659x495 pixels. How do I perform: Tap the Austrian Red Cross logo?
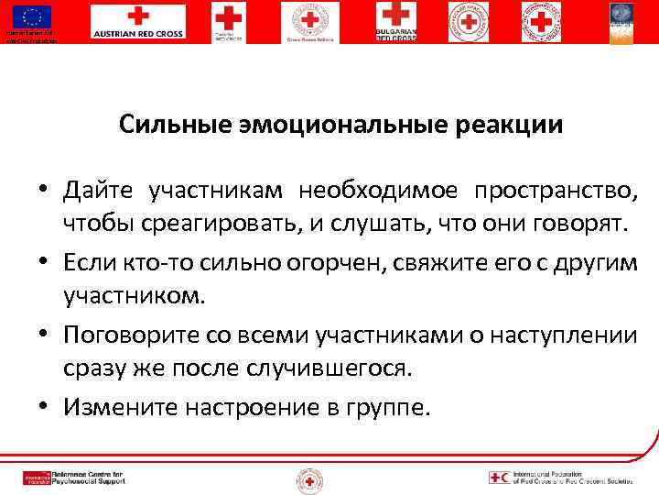(x=137, y=21)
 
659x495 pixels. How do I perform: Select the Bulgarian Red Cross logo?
(x=395, y=21)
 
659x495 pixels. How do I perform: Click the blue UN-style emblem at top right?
(x=623, y=21)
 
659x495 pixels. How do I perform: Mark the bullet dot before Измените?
(x=43, y=408)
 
